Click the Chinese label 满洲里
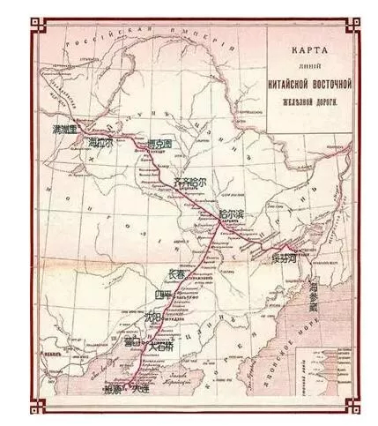pos(68,129)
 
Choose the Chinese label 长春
pos(176,273)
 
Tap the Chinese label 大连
pos(138,387)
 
